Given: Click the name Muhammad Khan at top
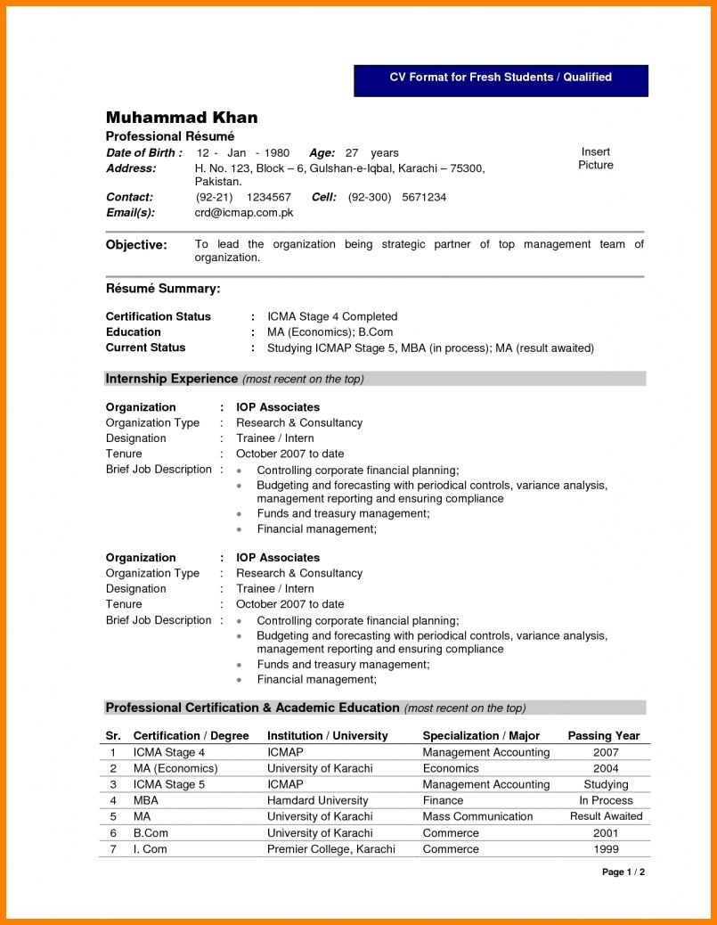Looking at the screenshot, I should (x=182, y=118).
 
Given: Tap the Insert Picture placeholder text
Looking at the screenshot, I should (x=595, y=159).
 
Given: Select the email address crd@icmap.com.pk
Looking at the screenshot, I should (x=244, y=213).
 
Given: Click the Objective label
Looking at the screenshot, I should (x=136, y=245).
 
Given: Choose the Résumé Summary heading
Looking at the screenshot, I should (x=163, y=289).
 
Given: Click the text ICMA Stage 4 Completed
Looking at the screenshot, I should (x=332, y=316).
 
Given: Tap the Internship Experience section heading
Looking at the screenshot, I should (x=171, y=379).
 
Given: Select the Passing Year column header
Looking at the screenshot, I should (x=604, y=736).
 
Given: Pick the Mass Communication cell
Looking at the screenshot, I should (x=477, y=816).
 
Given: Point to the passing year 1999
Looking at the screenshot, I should (x=606, y=849).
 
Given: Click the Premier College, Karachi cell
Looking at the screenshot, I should (x=330, y=849).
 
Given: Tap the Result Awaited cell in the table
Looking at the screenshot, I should (x=606, y=816).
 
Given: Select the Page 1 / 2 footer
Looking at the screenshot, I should (x=623, y=872).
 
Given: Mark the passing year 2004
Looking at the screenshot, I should (x=606, y=768).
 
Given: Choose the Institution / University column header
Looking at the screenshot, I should (x=327, y=736).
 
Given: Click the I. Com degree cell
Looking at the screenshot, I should (x=150, y=849).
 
